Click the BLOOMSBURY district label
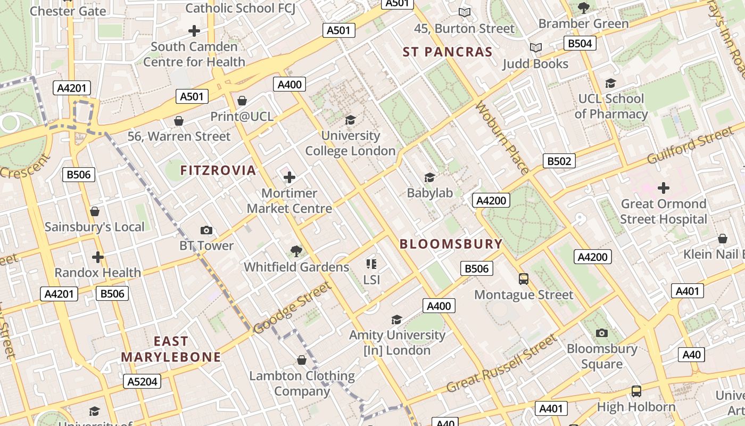pyautogui.click(x=451, y=244)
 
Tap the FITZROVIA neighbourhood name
pyautogui.click(x=218, y=170)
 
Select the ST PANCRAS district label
pyautogui.click(x=448, y=52)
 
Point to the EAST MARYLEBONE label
pyautogui.click(x=171, y=349)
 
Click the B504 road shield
pyautogui.click(x=580, y=43)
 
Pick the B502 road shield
pyautogui.click(x=559, y=161)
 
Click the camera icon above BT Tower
pyautogui.click(x=206, y=230)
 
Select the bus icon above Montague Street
pyautogui.click(x=524, y=278)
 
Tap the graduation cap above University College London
pyautogui.click(x=350, y=120)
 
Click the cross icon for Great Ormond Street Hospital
pyautogui.click(x=663, y=187)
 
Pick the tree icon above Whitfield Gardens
pyautogui.click(x=296, y=251)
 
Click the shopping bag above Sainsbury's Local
pyautogui.click(x=95, y=211)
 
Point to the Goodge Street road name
pyautogui.click(x=292, y=308)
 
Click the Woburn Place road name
pyautogui.click(x=502, y=138)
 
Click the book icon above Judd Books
pyautogui.click(x=536, y=48)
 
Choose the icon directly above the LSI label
pyautogui.click(x=371, y=264)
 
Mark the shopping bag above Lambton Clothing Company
pyautogui.click(x=302, y=360)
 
